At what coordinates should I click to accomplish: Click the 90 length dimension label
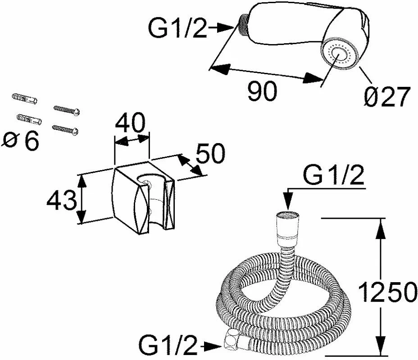click(x=262, y=92)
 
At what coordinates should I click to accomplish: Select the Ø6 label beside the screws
click(x=21, y=141)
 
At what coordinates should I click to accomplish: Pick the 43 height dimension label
click(x=61, y=201)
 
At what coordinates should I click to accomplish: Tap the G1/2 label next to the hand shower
click(x=178, y=29)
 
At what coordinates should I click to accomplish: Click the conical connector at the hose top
click(x=287, y=229)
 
